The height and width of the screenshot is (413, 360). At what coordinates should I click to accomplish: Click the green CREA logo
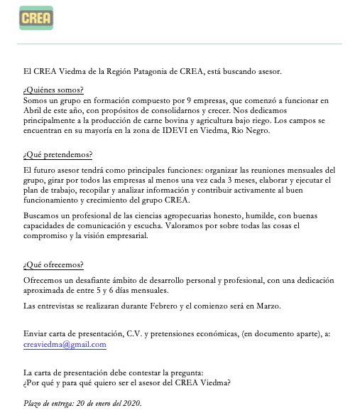pyautogui.click(x=36, y=18)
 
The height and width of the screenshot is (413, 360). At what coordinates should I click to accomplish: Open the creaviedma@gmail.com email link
pyautogui.click(x=65, y=345)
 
